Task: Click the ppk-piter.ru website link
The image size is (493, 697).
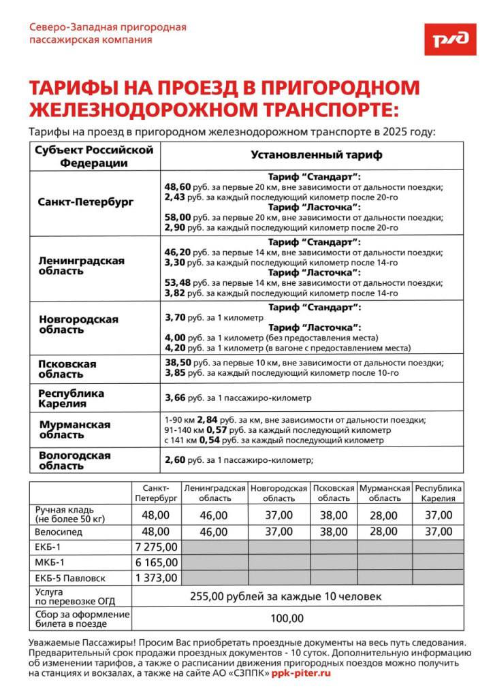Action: [300, 672]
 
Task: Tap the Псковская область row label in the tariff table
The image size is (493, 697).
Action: [67, 369]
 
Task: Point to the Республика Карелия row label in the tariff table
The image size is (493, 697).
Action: [71, 398]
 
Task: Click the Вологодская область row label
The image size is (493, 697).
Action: [74, 460]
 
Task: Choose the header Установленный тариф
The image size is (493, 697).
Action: [317, 155]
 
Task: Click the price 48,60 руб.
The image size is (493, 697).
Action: [178, 187]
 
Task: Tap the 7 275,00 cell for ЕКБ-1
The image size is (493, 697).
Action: [156, 547]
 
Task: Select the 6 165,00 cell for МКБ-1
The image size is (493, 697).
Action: [156, 562]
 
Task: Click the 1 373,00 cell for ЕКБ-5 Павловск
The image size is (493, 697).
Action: [156, 578]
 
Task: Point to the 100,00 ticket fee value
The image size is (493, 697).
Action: [287, 618]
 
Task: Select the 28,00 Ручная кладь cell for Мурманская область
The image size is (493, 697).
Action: [383, 515]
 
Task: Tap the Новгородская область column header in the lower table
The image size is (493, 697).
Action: [279, 493]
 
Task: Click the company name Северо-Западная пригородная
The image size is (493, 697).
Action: [108, 27]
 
